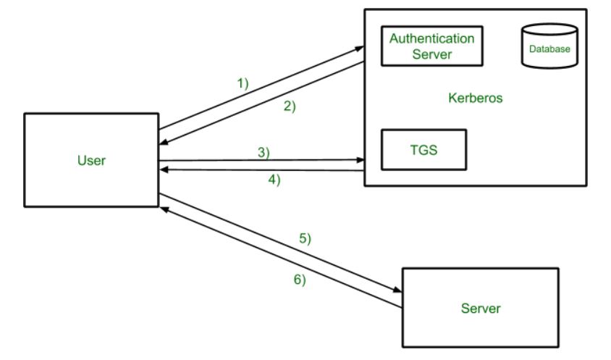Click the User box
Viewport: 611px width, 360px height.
click(91, 159)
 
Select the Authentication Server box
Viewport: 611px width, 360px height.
click(432, 46)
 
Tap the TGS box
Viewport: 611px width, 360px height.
click(424, 149)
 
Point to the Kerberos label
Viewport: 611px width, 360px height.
click(475, 96)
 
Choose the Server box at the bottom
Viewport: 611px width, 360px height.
click(480, 309)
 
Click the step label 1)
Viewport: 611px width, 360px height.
click(243, 83)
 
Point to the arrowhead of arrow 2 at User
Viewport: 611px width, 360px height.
click(163, 143)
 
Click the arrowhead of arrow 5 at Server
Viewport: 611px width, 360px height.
click(398, 290)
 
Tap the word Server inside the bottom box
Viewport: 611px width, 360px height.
click(480, 309)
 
